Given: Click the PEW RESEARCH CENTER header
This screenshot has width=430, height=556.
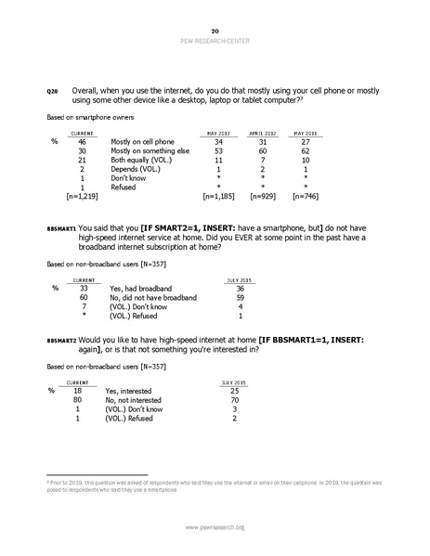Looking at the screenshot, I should (215, 42).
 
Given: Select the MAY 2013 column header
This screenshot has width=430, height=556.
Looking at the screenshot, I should (218, 133).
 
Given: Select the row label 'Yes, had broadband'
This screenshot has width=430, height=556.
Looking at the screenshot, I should (140, 289).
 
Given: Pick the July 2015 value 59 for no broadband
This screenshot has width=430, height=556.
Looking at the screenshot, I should (240, 297).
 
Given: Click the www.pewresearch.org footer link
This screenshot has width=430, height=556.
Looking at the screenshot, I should (215, 527).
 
